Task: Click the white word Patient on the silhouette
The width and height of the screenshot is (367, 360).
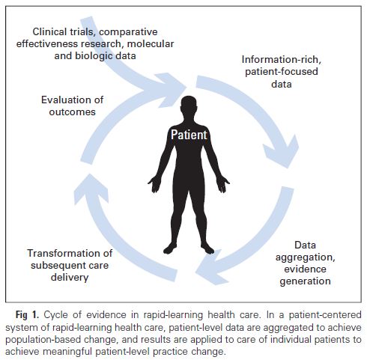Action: pyautogui.click(x=189, y=135)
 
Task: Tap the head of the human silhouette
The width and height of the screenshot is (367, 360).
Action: pyautogui.click(x=189, y=105)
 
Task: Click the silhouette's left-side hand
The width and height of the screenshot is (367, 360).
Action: pyautogui.click(x=155, y=184)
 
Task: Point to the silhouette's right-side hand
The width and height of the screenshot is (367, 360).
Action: pyautogui.click(x=222, y=184)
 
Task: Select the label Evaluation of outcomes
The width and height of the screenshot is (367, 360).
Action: pyautogui.click(x=72, y=106)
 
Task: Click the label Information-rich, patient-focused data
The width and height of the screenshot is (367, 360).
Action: pyautogui.click(x=282, y=72)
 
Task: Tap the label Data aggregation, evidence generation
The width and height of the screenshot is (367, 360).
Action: pyautogui.click(x=305, y=263)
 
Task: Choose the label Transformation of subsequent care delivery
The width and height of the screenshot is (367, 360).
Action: pyautogui.click(x=70, y=265)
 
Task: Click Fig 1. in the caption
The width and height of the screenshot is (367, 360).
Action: pyautogui.click(x=27, y=315)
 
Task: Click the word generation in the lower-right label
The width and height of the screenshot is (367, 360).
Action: pyautogui.click(x=305, y=281)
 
